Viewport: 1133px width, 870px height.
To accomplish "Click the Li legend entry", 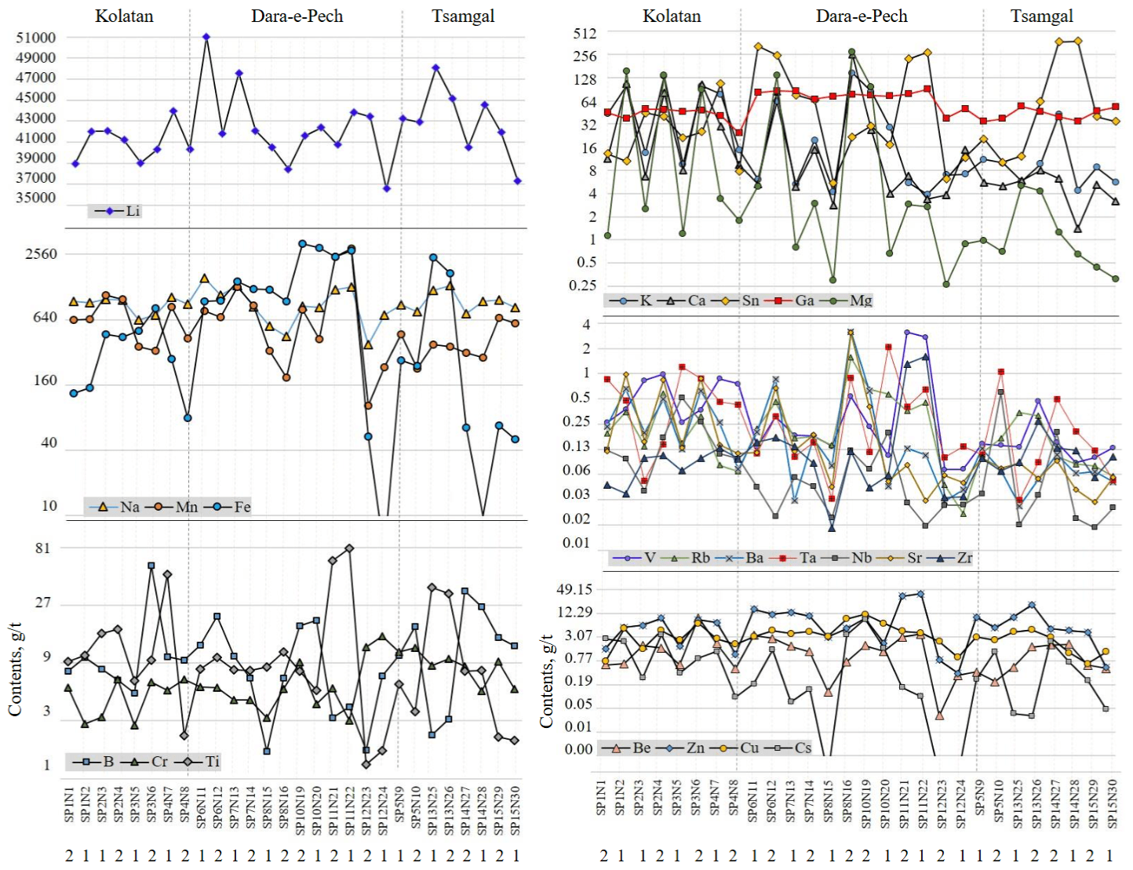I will [x=118, y=211].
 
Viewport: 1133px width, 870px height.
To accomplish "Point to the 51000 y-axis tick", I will [x=36, y=38].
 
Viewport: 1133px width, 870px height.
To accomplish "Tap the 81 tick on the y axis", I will [x=42, y=548].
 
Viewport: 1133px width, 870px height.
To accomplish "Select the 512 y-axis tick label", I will [x=585, y=34].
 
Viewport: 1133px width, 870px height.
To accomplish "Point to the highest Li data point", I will [x=206, y=37].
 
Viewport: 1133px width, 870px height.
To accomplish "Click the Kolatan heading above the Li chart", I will [x=124, y=16].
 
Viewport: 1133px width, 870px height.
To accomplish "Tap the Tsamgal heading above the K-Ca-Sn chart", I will [x=1041, y=16].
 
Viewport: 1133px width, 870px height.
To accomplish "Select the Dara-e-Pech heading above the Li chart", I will [x=297, y=16].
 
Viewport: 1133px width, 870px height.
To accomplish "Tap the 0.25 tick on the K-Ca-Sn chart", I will [x=583, y=286].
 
